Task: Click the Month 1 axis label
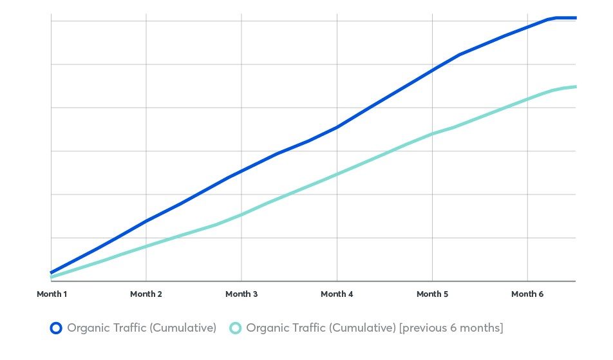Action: [52, 294]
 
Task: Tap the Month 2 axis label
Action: [146, 294]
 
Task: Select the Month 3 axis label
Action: [241, 294]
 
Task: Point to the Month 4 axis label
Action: [337, 294]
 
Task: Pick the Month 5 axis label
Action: [432, 294]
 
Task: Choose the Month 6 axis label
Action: [527, 294]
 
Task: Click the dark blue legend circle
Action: [56, 328]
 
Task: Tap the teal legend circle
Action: [236, 328]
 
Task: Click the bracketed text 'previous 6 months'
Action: [451, 328]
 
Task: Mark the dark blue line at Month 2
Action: [146, 221]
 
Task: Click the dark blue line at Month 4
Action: [337, 128]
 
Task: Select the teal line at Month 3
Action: [241, 214]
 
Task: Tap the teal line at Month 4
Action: [337, 174]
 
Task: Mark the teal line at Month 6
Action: [527, 99]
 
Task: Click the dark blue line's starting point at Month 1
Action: [52, 272]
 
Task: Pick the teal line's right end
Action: [575, 86]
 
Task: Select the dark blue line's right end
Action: [575, 18]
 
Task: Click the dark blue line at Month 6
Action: [527, 26]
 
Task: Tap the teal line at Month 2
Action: [146, 246]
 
